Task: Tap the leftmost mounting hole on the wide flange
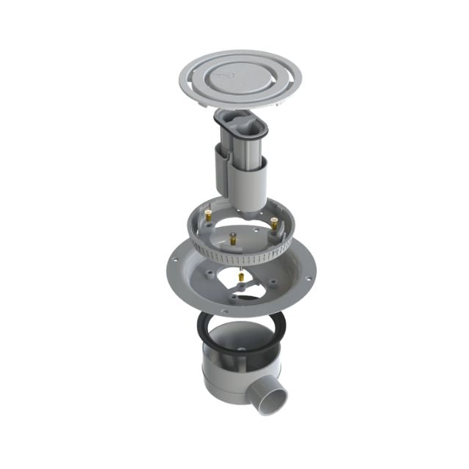click(x=175, y=261)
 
